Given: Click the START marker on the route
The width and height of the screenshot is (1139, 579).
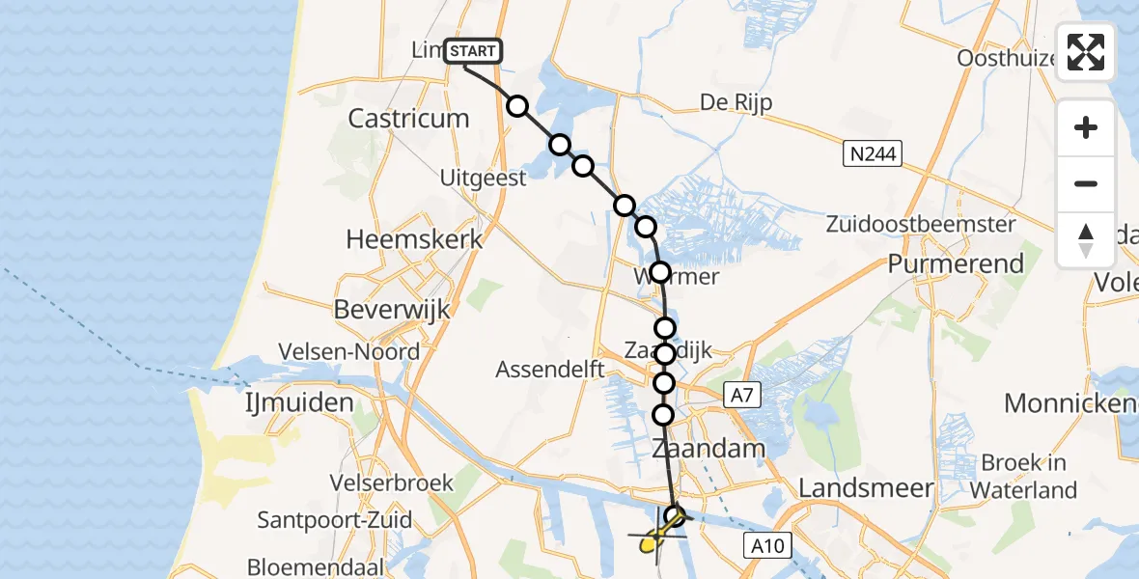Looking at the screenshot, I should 473,51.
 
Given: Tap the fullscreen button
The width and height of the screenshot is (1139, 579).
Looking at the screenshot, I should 1086,52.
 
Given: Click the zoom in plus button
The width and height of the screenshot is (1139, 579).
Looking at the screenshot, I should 1086,127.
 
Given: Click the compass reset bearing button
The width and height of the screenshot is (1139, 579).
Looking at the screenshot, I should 1086,240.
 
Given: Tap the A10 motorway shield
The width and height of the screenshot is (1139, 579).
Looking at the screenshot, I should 767,546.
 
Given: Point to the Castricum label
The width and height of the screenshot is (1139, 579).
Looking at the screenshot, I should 408,119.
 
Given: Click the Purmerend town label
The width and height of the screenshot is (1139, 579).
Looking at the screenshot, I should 956,263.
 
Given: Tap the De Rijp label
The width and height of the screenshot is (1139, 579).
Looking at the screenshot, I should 736,103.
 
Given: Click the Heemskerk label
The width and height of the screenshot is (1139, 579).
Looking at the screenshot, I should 414,239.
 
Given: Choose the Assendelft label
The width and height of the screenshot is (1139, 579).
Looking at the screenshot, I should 549,370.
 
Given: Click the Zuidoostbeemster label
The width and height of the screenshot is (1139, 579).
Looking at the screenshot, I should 921,225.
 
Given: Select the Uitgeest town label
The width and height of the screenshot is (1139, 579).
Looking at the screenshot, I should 483,178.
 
